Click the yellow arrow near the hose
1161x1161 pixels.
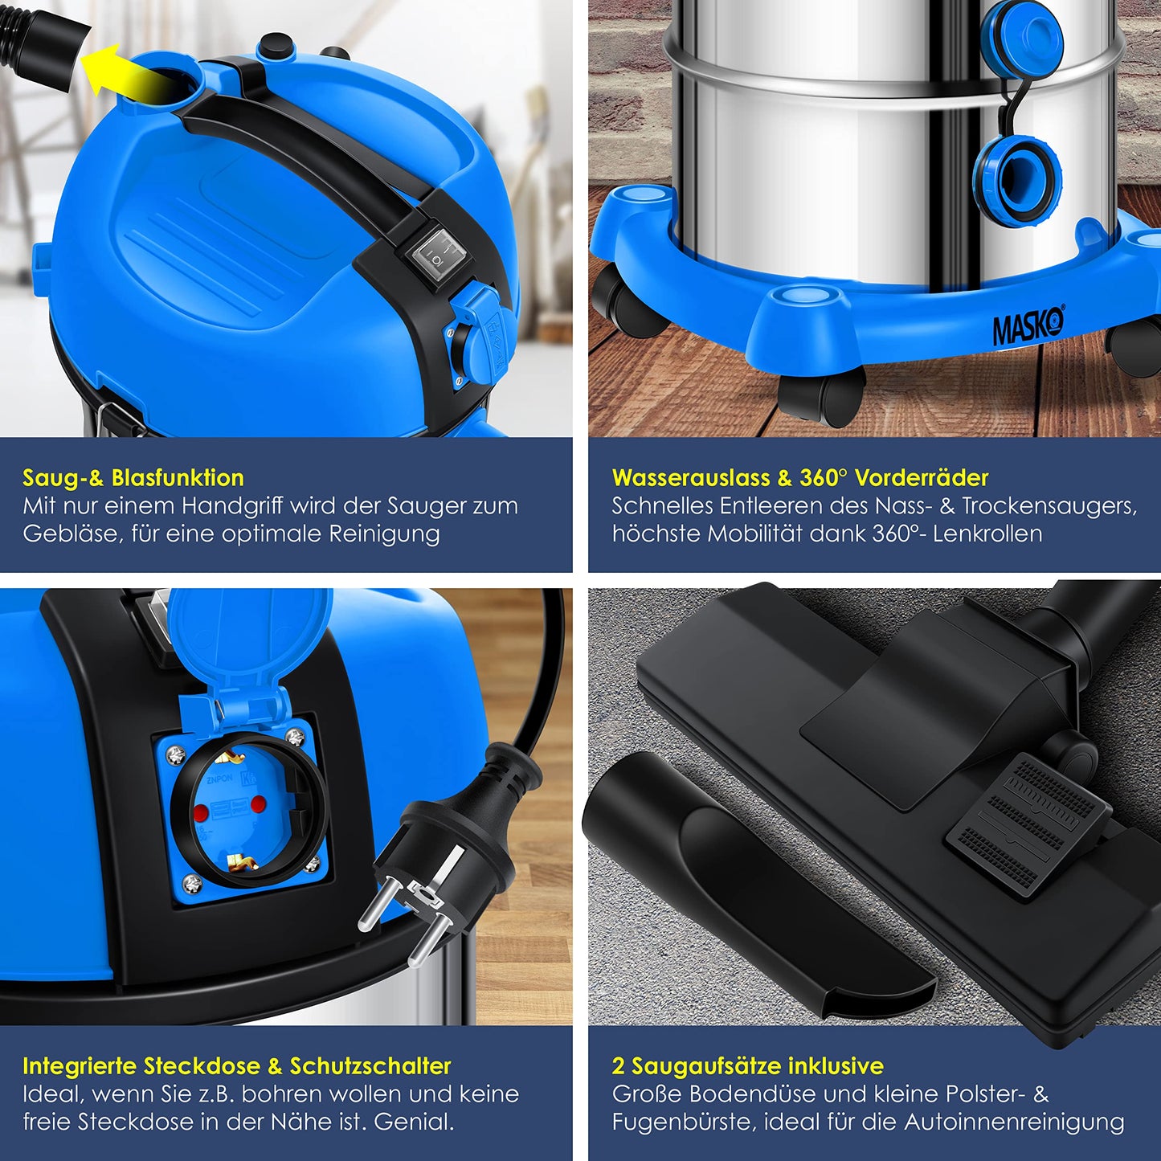[125, 75]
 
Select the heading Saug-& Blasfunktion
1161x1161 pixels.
[133, 478]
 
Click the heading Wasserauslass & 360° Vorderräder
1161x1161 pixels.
[800, 478]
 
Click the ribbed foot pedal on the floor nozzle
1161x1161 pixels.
[1028, 823]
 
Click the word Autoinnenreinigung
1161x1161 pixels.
[1015, 1122]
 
